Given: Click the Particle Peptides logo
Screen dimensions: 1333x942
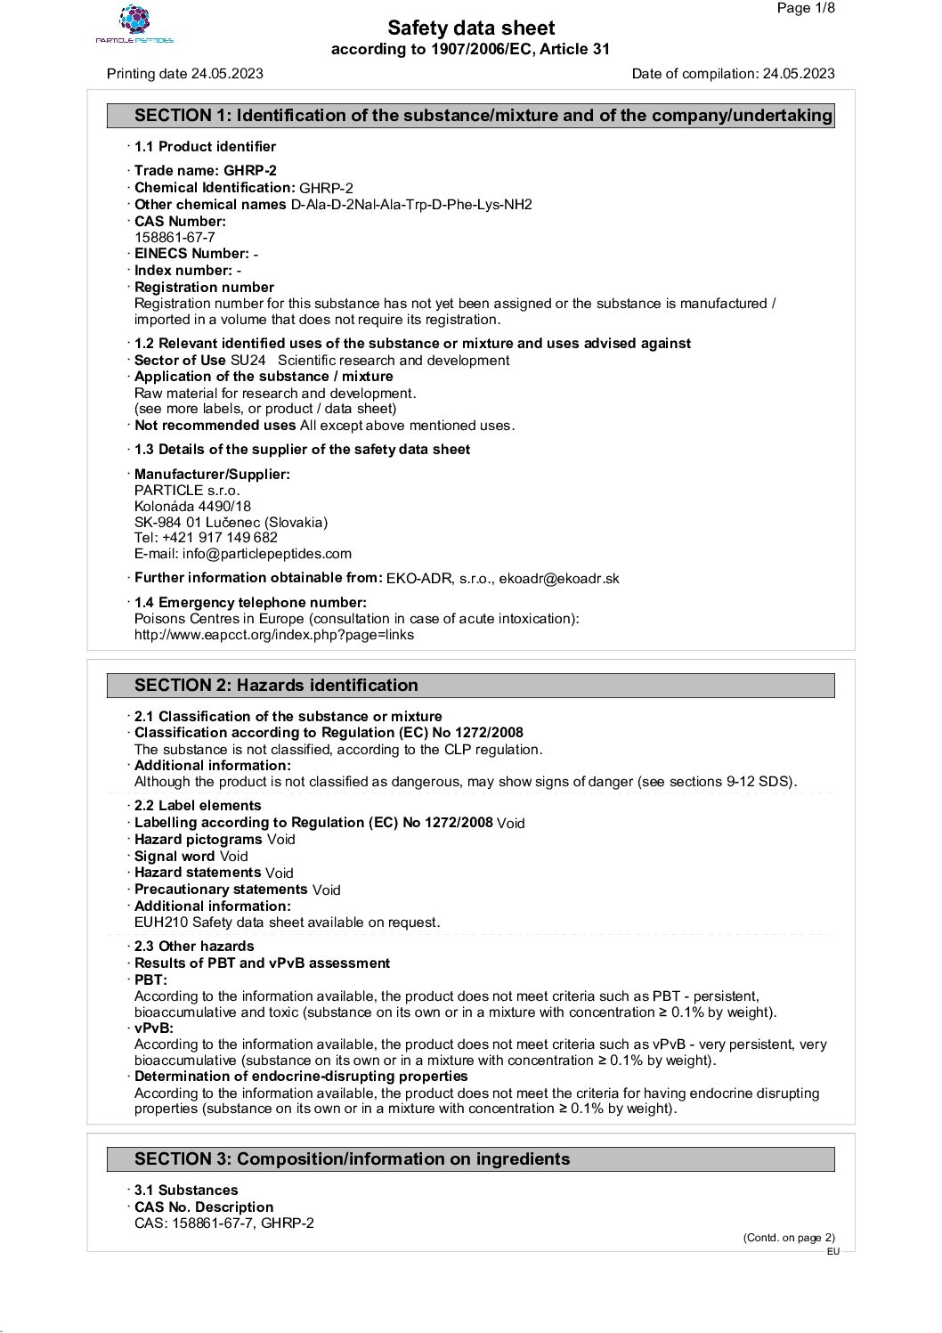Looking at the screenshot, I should click(x=134, y=24).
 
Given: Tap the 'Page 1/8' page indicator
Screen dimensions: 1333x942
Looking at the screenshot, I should click(x=806, y=8).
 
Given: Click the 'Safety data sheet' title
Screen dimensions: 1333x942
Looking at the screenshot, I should click(x=471, y=28).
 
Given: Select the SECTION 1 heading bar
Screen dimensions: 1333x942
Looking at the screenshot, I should click(x=471, y=116).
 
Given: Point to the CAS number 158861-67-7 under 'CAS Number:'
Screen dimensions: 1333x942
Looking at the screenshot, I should click(x=175, y=238).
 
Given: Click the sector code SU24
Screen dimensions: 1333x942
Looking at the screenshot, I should click(x=248, y=361).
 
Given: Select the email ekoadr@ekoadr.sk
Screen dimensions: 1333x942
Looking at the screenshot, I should click(x=559, y=579).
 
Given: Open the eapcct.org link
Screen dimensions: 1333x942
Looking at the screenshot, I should click(x=274, y=635).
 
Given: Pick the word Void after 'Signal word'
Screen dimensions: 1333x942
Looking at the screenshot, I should click(x=234, y=857).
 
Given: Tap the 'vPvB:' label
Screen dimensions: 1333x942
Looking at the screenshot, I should click(x=154, y=1028).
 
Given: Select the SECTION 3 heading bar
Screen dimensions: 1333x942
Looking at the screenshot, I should click(x=471, y=1159).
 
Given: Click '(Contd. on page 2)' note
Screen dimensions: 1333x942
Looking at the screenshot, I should click(x=789, y=1237).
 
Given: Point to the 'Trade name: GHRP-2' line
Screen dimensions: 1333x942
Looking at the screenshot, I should click(x=206, y=171).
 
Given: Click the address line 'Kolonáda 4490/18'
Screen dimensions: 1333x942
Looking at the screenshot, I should click(x=192, y=507).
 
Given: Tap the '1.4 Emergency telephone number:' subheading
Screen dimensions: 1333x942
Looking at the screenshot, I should click(x=250, y=603).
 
